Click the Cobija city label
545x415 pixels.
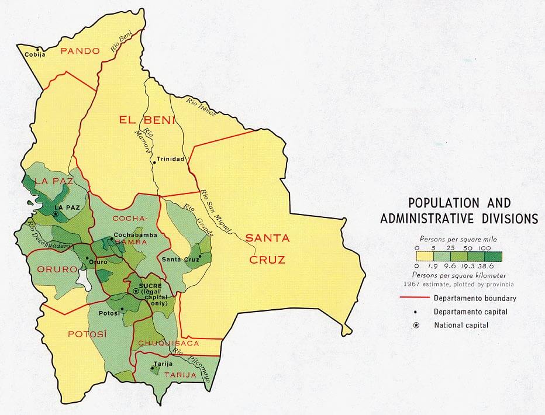[35, 55]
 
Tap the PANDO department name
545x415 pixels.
[81, 51]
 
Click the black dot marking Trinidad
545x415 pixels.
[154, 160]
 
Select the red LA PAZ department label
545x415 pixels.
[53, 181]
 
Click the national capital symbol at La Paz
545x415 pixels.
[55, 215]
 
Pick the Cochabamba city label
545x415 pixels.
[133, 235]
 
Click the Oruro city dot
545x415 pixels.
[87, 257]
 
